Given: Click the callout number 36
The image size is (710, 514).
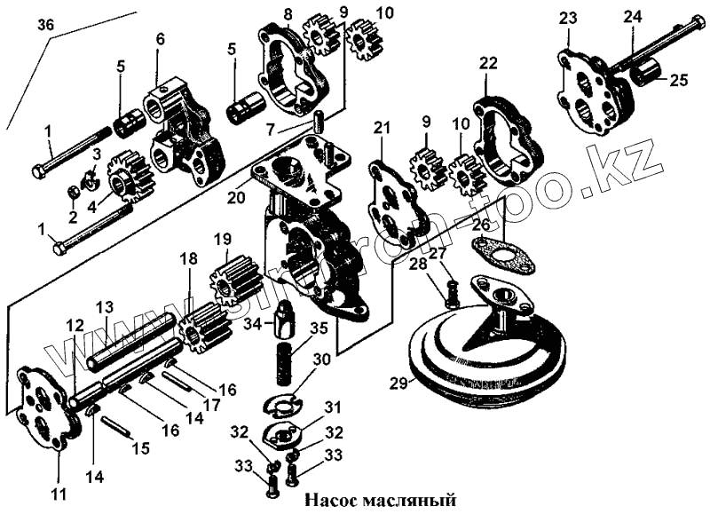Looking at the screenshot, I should [x=45, y=27].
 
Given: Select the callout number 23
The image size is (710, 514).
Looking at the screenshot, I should [x=568, y=18].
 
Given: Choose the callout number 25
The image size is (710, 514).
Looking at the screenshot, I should [x=678, y=81].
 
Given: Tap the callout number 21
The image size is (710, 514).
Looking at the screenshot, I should [x=383, y=130].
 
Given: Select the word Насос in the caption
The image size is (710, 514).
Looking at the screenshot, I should [x=334, y=501].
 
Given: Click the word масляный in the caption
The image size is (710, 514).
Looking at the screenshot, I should [x=407, y=501].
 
